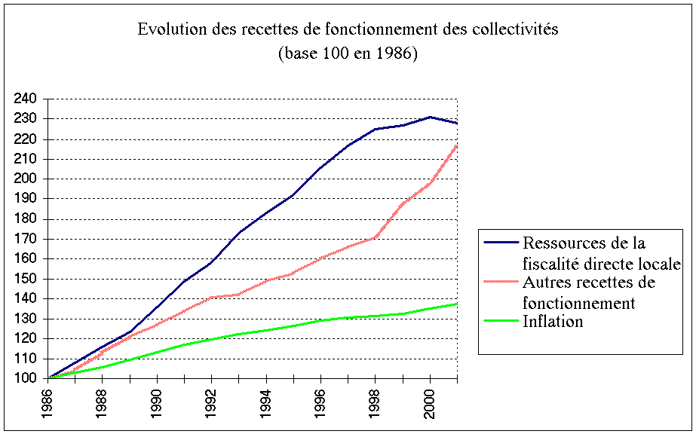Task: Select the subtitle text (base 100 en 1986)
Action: pyautogui.click(x=347, y=54)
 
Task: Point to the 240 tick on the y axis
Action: pyautogui.click(x=29, y=99)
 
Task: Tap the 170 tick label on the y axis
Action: pyautogui.click(x=29, y=239)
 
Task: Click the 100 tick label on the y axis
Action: pyautogui.click(x=29, y=379)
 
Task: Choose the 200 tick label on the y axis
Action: pyautogui.click(x=29, y=179)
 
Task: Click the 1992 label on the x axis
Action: pyautogui.click(x=213, y=403)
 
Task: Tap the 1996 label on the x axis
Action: pyautogui.click(x=321, y=403)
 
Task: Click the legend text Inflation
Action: pyautogui.click(x=551, y=322)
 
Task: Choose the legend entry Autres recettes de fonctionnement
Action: pyautogui.click(x=588, y=292)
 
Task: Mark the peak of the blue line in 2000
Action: pyautogui.click(x=430, y=117)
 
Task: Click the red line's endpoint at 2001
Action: pyautogui.click(x=457, y=145)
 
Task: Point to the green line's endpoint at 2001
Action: pyautogui.click(x=457, y=304)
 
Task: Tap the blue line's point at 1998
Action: pyautogui.click(x=376, y=129)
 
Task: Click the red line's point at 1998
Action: pyautogui.click(x=376, y=237)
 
